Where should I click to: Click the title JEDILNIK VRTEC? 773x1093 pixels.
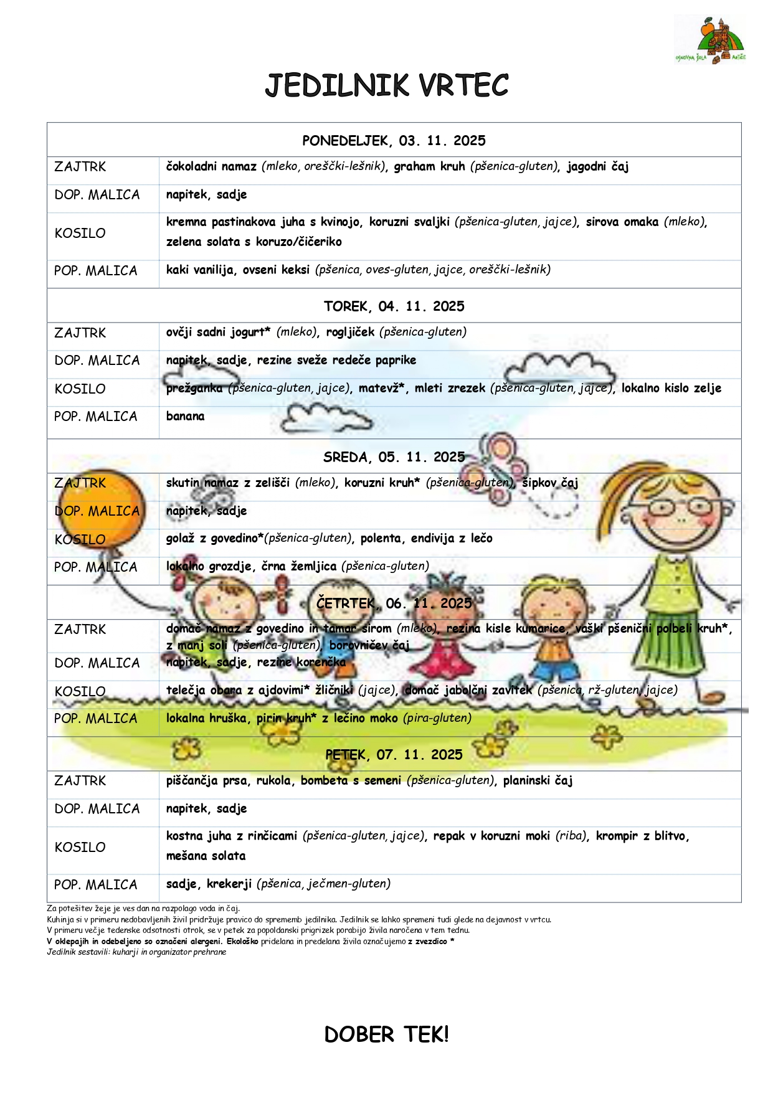coord(386,86)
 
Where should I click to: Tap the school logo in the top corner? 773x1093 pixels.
coord(711,40)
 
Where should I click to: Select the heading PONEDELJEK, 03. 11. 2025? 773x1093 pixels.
coord(394,141)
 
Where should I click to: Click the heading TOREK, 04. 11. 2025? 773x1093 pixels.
coord(394,306)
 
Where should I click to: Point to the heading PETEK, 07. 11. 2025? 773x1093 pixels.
coord(394,755)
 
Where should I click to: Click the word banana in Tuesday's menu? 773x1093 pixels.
coord(185,416)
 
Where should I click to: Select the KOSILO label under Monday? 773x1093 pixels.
coord(80,234)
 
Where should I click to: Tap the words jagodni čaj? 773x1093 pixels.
coord(597,167)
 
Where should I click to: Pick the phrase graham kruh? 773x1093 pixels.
coord(429,167)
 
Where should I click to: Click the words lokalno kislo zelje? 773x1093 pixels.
coord(671,388)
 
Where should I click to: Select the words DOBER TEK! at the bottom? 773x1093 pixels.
coord(386,1034)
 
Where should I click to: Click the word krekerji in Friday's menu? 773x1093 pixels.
coord(229,884)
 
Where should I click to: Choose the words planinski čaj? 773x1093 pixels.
coord(538,781)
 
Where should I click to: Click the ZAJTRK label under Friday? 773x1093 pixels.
coord(80,781)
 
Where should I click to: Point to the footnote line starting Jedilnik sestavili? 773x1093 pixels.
coord(136,952)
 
